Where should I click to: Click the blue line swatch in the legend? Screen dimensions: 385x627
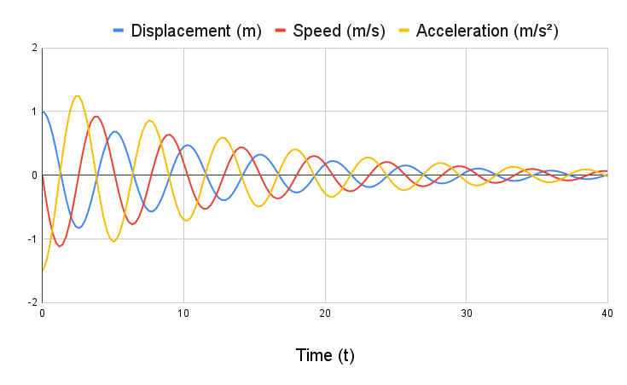pos(119,32)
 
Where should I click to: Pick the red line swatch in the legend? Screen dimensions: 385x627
pos(281,32)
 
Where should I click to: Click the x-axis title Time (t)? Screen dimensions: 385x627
pos(324,355)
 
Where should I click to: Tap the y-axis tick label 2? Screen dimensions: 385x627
pos(33,48)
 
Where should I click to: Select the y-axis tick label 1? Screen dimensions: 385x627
pos(33,112)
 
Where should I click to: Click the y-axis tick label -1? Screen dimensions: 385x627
pos(31,238)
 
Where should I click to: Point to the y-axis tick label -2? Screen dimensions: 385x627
pos(31,302)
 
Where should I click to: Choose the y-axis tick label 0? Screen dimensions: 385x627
pos(33,175)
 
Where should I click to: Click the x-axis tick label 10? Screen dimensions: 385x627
pos(183,314)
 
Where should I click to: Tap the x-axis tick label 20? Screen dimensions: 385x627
pos(324,314)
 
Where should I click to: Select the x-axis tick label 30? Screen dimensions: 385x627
pos(466,314)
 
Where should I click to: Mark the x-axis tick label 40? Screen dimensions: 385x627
pos(607,314)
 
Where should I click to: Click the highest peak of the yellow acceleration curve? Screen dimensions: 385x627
pos(78,95)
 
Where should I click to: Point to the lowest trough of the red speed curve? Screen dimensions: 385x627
pos(59,246)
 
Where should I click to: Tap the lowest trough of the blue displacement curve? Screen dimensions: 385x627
pos(78,227)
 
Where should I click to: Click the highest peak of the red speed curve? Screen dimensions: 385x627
pos(96,117)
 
